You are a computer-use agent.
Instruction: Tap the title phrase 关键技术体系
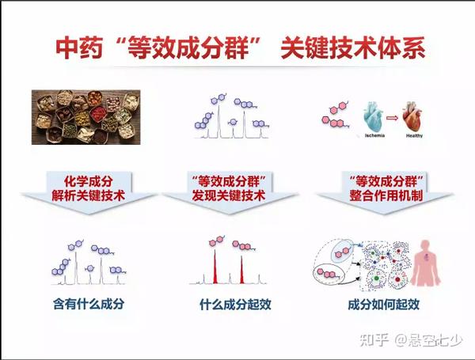[x=353, y=47]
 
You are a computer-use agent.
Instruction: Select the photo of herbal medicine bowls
[x=86, y=117]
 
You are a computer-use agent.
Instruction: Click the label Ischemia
[x=374, y=135]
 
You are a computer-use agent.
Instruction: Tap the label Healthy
[x=414, y=135]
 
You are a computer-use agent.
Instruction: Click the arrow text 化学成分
[x=89, y=182]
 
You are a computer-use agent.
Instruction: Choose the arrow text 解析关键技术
[x=89, y=195]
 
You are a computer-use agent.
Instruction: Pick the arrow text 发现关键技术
[x=229, y=195]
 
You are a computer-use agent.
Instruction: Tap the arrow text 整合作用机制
[x=386, y=195]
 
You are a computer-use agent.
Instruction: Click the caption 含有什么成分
[x=89, y=304]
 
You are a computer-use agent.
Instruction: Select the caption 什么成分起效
[x=235, y=305]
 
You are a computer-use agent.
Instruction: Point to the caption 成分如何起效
[x=383, y=305]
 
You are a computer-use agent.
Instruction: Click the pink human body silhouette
[x=426, y=263]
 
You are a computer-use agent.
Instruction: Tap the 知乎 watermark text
[x=374, y=340]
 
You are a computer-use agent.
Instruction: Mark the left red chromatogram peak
[x=215, y=267]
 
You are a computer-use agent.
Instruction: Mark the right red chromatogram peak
[x=241, y=270]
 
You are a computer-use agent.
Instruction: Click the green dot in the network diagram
[x=377, y=278]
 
